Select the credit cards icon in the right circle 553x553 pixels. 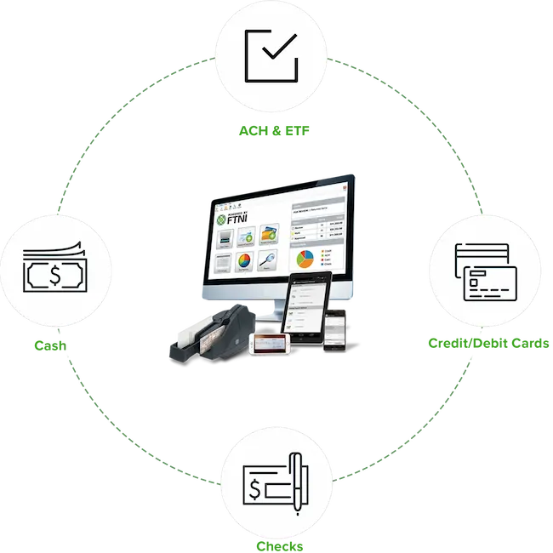click(482, 271)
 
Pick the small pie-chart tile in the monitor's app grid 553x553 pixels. click(244, 261)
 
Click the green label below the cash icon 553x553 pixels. click(48, 346)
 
